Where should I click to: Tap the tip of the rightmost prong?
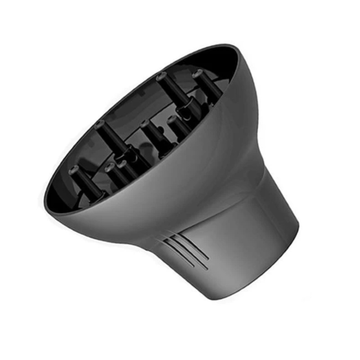pos(198,73)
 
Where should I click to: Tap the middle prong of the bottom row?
pos(109,168)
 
